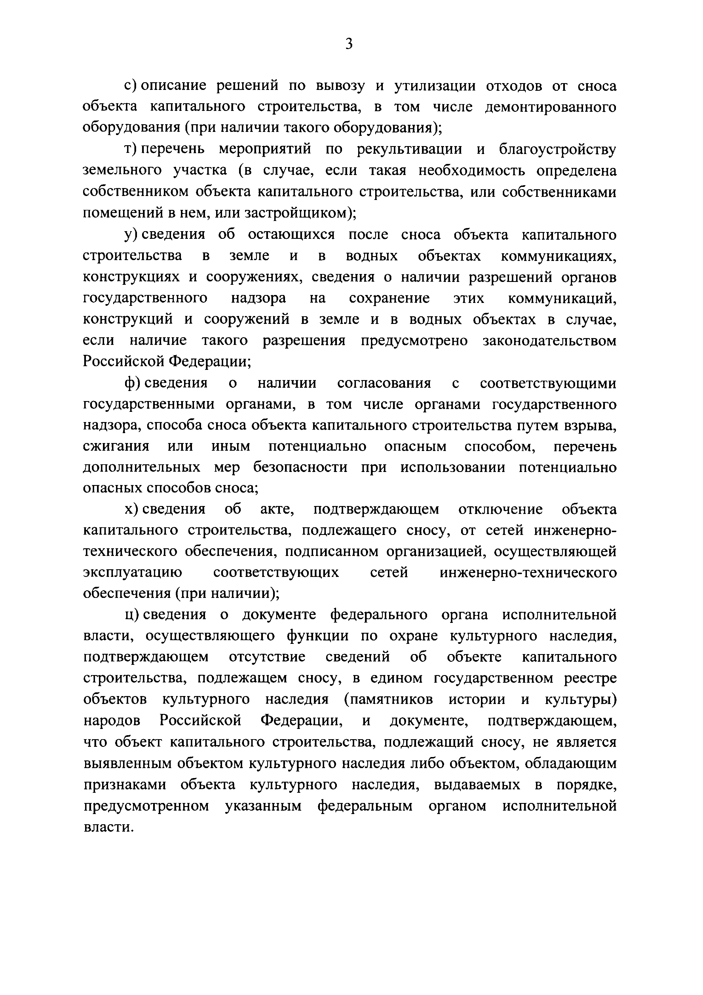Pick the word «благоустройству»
[558, 149]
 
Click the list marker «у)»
[130, 235]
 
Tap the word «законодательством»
[549, 341]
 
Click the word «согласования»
[384, 383]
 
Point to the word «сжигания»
[116, 447]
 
